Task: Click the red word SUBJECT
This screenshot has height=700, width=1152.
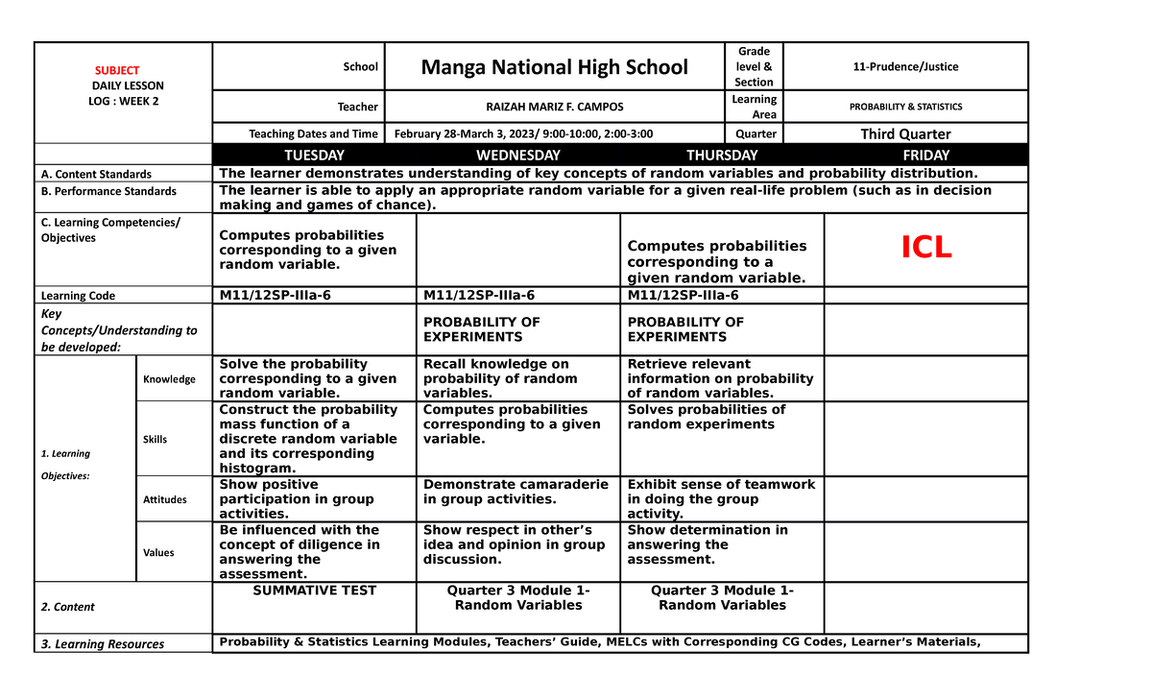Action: click(116, 70)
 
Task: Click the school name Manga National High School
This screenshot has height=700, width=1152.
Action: click(555, 66)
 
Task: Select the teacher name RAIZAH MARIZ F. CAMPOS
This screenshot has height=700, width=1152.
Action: click(555, 107)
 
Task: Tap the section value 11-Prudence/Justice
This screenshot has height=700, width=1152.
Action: click(905, 66)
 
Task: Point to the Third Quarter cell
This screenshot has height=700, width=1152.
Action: click(905, 133)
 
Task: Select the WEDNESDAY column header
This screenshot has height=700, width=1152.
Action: click(518, 155)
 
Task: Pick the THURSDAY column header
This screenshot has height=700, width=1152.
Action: click(722, 155)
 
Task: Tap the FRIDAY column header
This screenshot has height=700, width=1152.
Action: click(926, 155)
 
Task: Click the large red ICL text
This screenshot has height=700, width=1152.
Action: click(925, 248)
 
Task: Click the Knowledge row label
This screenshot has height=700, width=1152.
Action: click(169, 379)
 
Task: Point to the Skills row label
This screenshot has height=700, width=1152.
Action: click(155, 439)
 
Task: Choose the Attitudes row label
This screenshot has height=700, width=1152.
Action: click(164, 499)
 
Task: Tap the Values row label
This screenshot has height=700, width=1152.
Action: click(157, 552)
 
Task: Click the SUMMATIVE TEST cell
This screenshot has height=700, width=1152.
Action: click(314, 591)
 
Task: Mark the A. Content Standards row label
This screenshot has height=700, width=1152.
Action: click(96, 174)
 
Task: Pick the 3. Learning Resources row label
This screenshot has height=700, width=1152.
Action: click(102, 644)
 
